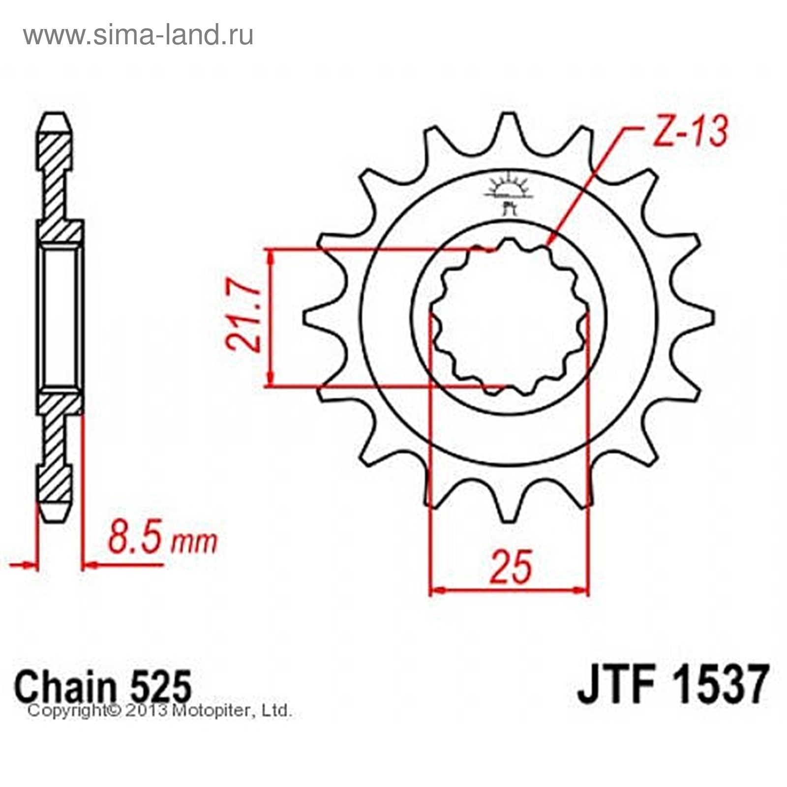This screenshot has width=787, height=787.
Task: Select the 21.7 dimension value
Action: [242, 316]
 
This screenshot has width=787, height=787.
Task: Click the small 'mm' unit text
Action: [193, 542]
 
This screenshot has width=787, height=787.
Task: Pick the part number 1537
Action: [719, 684]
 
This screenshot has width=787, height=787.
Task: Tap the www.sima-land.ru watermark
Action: [139, 35]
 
